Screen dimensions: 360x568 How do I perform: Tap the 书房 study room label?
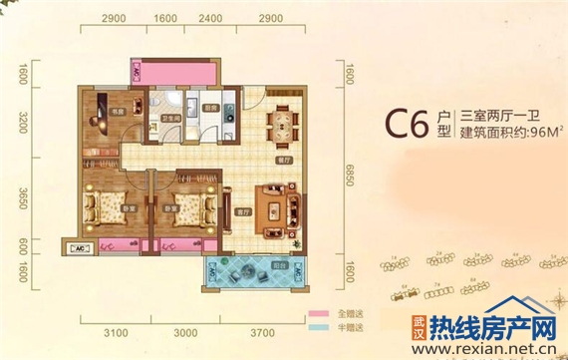pyautogui.click(x=118, y=113)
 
